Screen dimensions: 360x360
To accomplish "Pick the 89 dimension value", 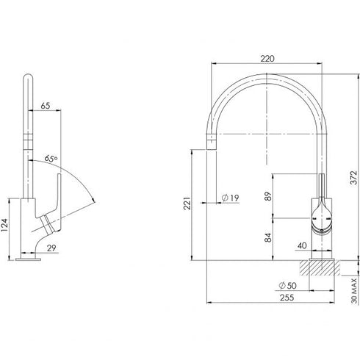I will pos(268,196).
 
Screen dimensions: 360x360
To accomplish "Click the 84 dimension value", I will pos(268,237).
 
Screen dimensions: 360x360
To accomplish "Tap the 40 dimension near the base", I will pos(302,246).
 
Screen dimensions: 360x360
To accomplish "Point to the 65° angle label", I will pos(51,157).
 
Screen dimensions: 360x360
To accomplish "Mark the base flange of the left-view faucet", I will pos(30,259).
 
